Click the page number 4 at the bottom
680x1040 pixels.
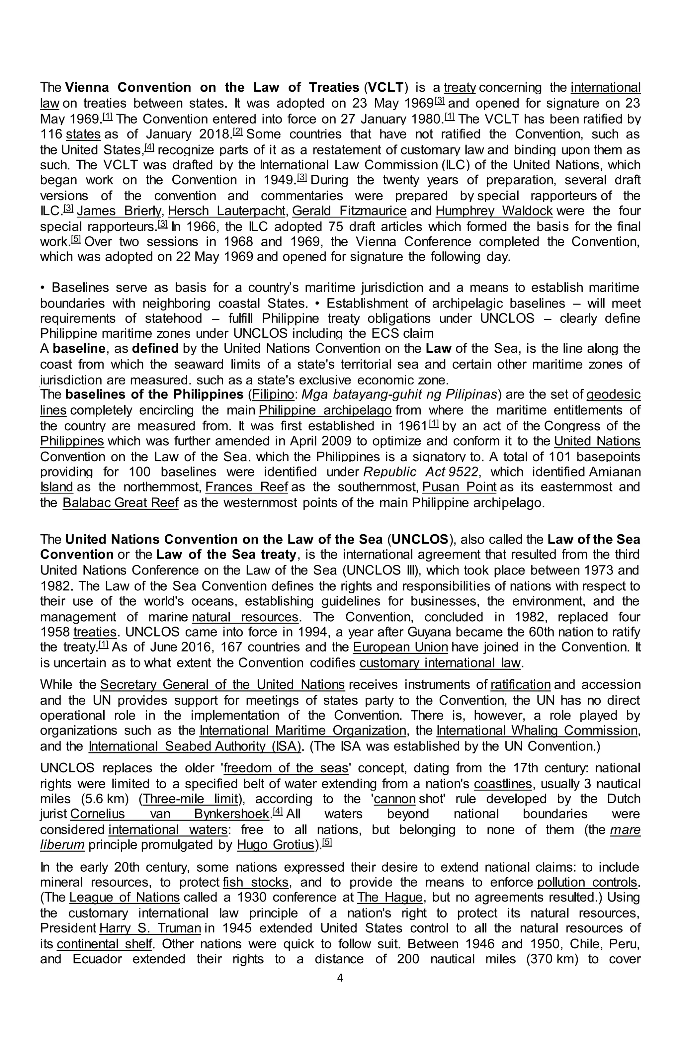click(340, 978)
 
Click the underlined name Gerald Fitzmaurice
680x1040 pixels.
click(349, 211)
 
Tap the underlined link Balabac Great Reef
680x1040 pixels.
click(121, 503)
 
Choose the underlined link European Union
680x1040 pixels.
click(400, 647)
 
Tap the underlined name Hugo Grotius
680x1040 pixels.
click(275, 845)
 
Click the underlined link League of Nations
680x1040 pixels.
click(125, 898)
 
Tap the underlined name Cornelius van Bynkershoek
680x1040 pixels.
click(170, 814)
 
